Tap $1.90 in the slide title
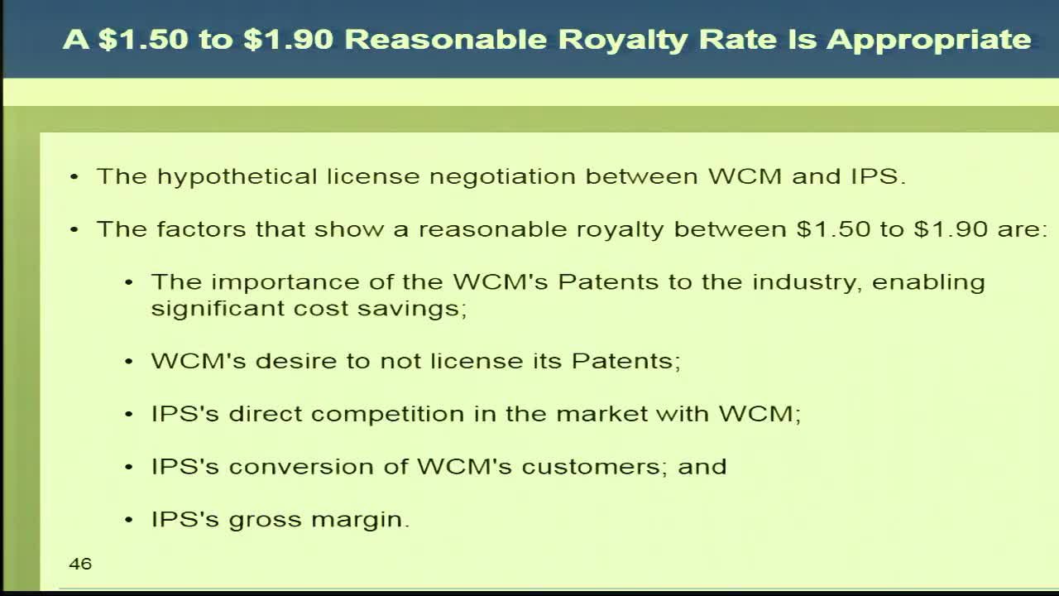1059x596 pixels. tap(289, 39)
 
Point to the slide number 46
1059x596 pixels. tap(80, 564)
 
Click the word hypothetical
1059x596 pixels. tap(237, 177)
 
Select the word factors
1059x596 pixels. tap(201, 229)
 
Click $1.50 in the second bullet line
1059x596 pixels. tap(833, 229)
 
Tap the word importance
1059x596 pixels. tap(285, 283)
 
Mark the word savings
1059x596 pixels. tap(412, 310)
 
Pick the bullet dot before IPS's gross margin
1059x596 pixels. tap(129, 520)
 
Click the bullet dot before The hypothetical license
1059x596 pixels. tap(74, 177)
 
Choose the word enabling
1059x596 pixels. tap(928, 283)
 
